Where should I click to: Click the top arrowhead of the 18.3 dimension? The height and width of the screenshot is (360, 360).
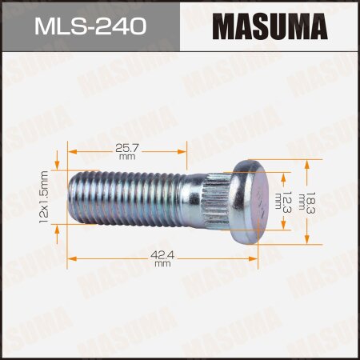(x=308, y=163)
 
